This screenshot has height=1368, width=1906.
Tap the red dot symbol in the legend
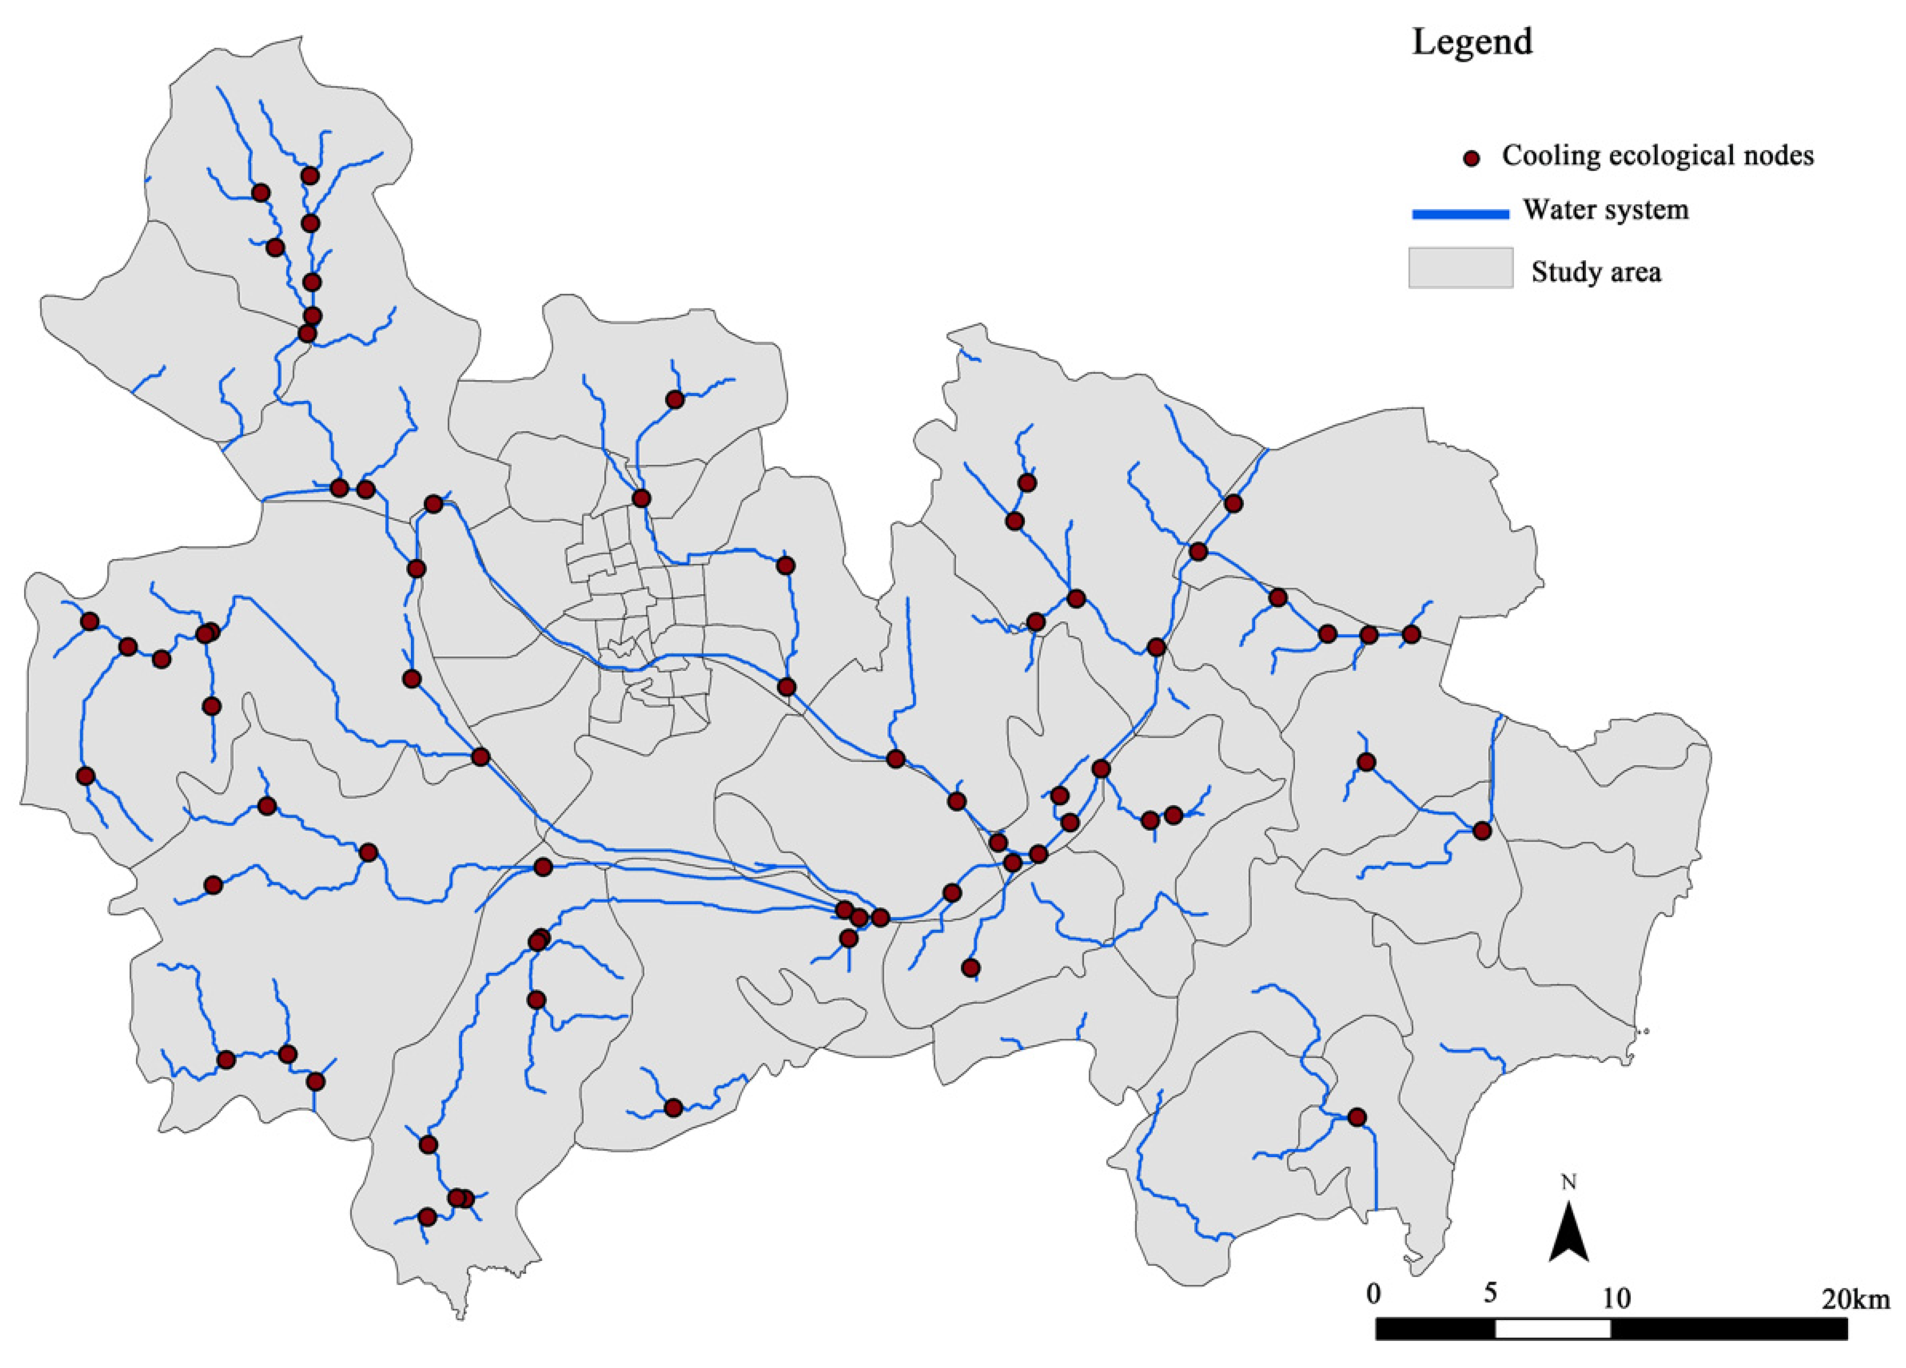(x=1471, y=158)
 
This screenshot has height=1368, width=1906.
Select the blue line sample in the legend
(x=1460, y=214)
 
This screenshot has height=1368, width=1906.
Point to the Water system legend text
(x=1605, y=210)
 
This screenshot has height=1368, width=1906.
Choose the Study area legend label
(x=1596, y=272)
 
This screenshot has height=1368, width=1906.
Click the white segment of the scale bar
(x=1552, y=1329)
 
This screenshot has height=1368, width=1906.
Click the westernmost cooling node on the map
(x=85, y=776)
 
